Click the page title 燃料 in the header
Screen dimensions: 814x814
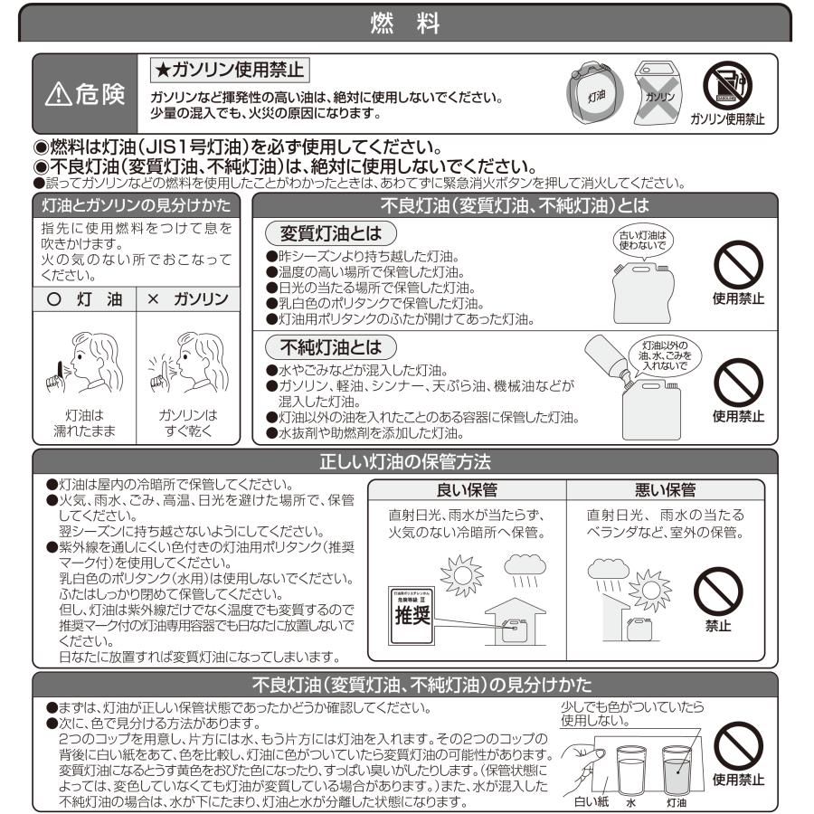coord(405,24)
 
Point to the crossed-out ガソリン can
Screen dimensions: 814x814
coord(657,90)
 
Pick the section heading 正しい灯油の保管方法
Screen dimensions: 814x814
coord(405,461)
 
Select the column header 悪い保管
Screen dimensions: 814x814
coord(665,489)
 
